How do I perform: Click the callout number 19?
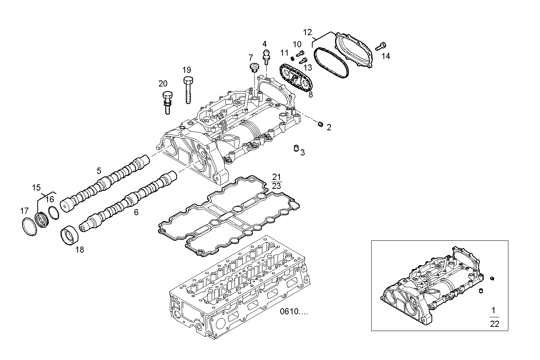tap(186, 70)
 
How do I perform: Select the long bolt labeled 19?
tap(188, 90)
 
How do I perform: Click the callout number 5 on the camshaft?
tap(99, 170)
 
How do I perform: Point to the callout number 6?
tap(136, 212)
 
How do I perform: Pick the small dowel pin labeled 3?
tap(295, 148)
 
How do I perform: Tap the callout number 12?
tap(307, 32)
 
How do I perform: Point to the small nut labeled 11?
tap(292, 58)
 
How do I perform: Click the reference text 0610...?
tap(294, 312)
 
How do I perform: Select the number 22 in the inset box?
tap(494, 324)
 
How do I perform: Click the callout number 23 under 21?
tap(276, 186)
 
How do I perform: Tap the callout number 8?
tap(310, 95)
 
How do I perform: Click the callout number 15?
tap(36, 187)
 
